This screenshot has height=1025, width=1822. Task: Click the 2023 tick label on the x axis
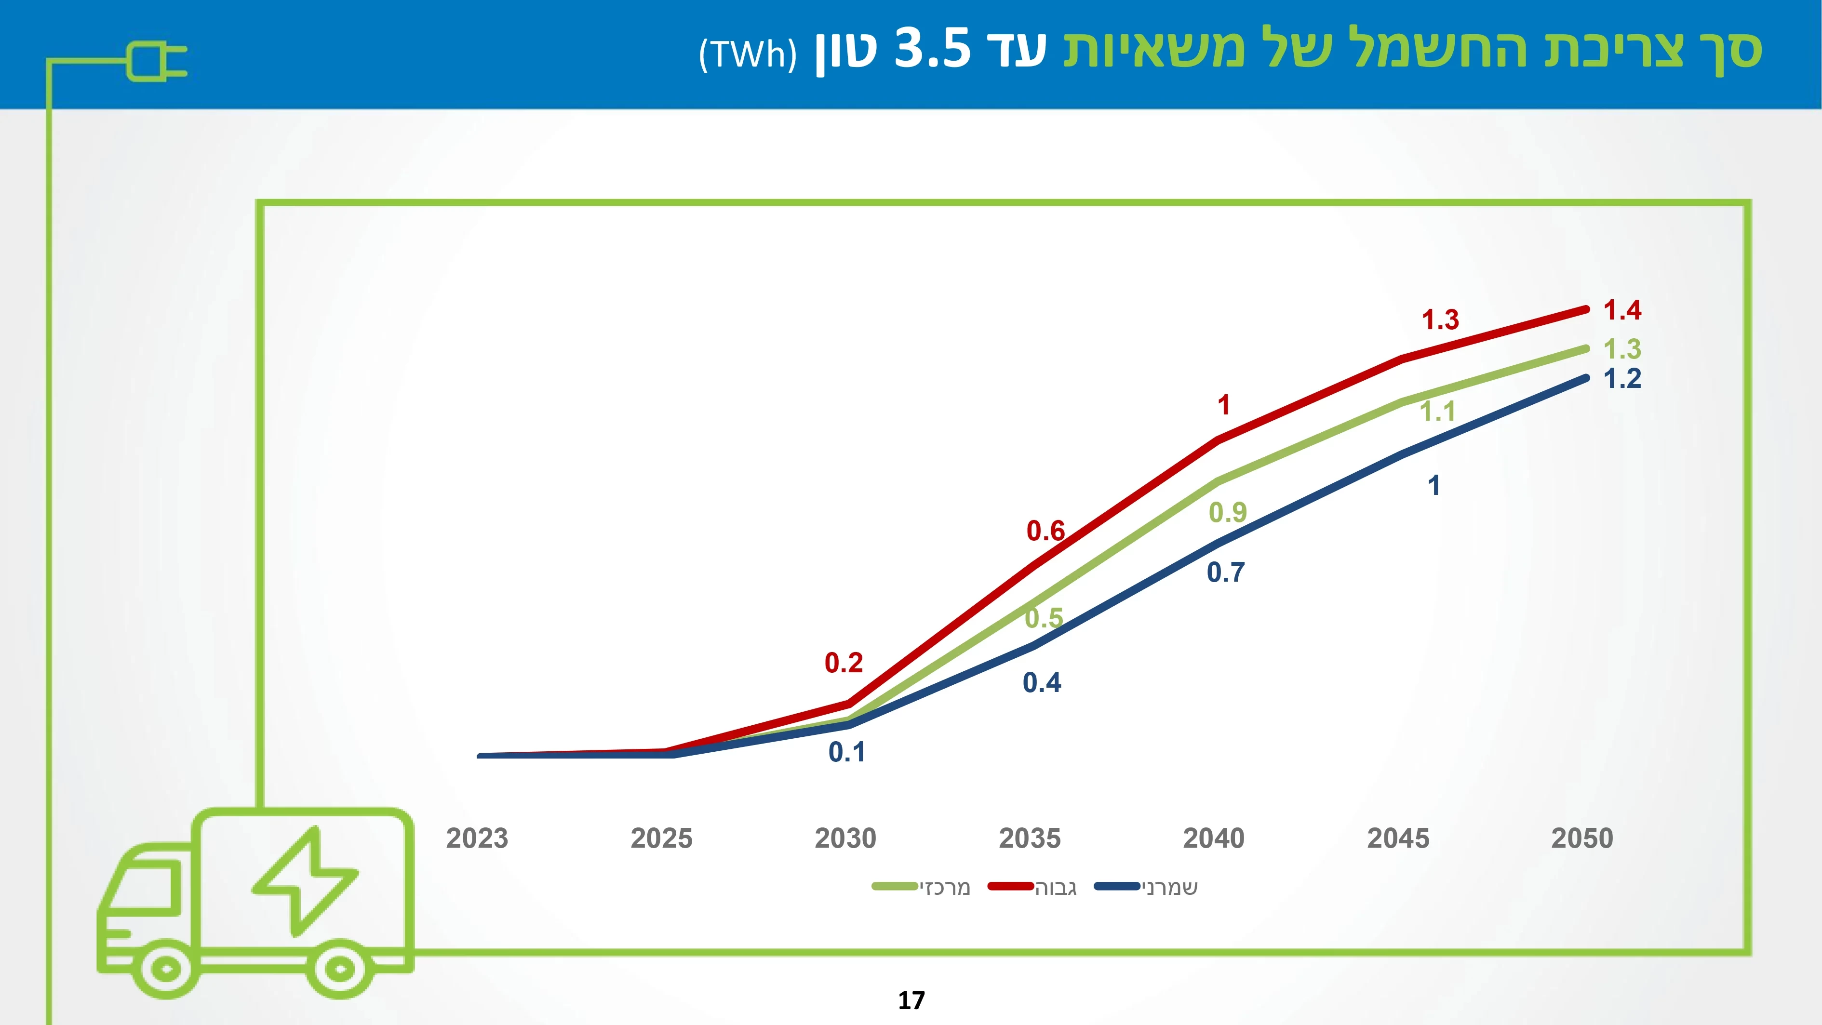point(477,839)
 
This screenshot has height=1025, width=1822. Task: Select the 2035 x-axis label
point(1030,839)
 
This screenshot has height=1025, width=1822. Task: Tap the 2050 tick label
point(1582,839)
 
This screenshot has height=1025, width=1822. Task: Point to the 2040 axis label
point(1214,839)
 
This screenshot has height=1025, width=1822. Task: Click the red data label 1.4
point(1622,310)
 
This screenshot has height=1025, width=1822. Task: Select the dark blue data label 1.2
point(1622,379)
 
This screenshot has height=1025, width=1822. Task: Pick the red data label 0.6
point(1045,531)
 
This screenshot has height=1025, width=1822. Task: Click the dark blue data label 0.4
point(1042,683)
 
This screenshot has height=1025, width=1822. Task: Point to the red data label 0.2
point(844,663)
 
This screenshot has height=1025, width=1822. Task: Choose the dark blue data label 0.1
point(846,753)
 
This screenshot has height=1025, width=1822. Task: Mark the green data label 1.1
point(1438,412)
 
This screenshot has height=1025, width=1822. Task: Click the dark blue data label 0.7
point(1226,572)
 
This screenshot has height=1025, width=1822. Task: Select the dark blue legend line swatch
point(1117,886)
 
